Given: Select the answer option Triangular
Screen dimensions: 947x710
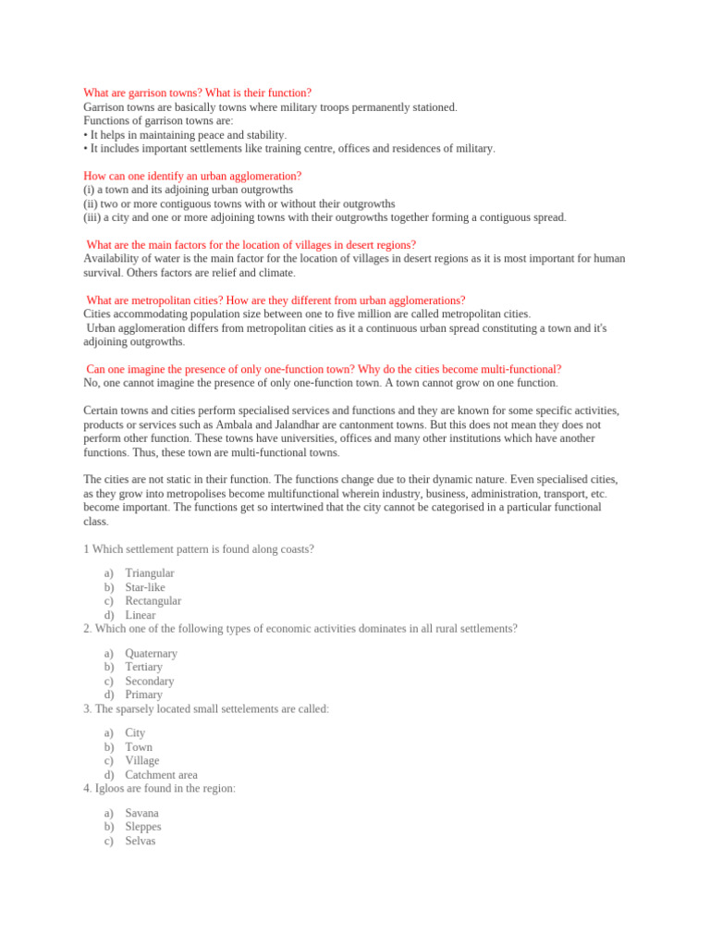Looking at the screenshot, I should pyautogui.click(x=150, y=573).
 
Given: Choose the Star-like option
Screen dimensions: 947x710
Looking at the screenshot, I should pyautogui.click(x=146, y=587).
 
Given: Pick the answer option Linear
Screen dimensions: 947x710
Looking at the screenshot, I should pyautogui.click(x=141, y=615).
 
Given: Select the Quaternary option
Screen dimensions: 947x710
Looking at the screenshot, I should pyautogui.click(x=151, y=653).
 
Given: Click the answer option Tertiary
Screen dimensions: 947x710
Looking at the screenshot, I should pyautogui.click(x=143, y=667).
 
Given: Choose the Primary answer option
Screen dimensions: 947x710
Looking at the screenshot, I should pyautogui.click(x=143, y=695).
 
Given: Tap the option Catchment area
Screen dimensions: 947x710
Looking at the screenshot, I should pyautogui.click(x=161, y=775).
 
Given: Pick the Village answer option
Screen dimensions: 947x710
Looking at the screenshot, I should pyautogui.click(x=142, y=761).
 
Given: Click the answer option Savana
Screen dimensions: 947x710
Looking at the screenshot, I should pyautogui.click(x=142, y=813).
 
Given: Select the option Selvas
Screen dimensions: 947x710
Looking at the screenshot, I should pyautogui.click(x=141, y=841).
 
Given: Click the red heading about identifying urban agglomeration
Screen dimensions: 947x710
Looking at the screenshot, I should pyautogui.click(x=192, y=176).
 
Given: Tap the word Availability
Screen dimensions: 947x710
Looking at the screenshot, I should pyautogui.click(x=112, y=259).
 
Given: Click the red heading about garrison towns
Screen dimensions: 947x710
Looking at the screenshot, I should pyautogui.click(x=197, y=93).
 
